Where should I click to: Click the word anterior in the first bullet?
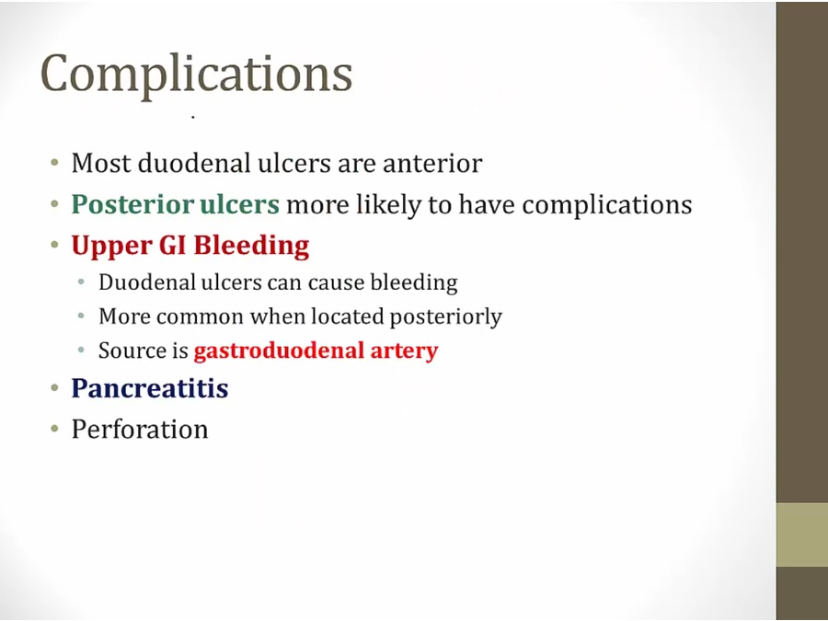(x=432, y=163)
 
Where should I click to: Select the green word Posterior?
(x=132, y=204)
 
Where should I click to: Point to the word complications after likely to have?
(x=607, y=205)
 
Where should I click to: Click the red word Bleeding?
(x=251, y=246)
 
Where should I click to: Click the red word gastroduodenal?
(x=279, y=351)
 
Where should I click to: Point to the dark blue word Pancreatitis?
(x=150, y=388)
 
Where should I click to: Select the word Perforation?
(x=140, y=430)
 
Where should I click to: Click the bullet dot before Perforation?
(x=55, y=431)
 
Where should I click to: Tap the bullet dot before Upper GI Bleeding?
(x=55, y=246)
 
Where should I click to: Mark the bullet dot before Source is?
(x=81, y=351)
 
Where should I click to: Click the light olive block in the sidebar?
(x=802, y=535)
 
